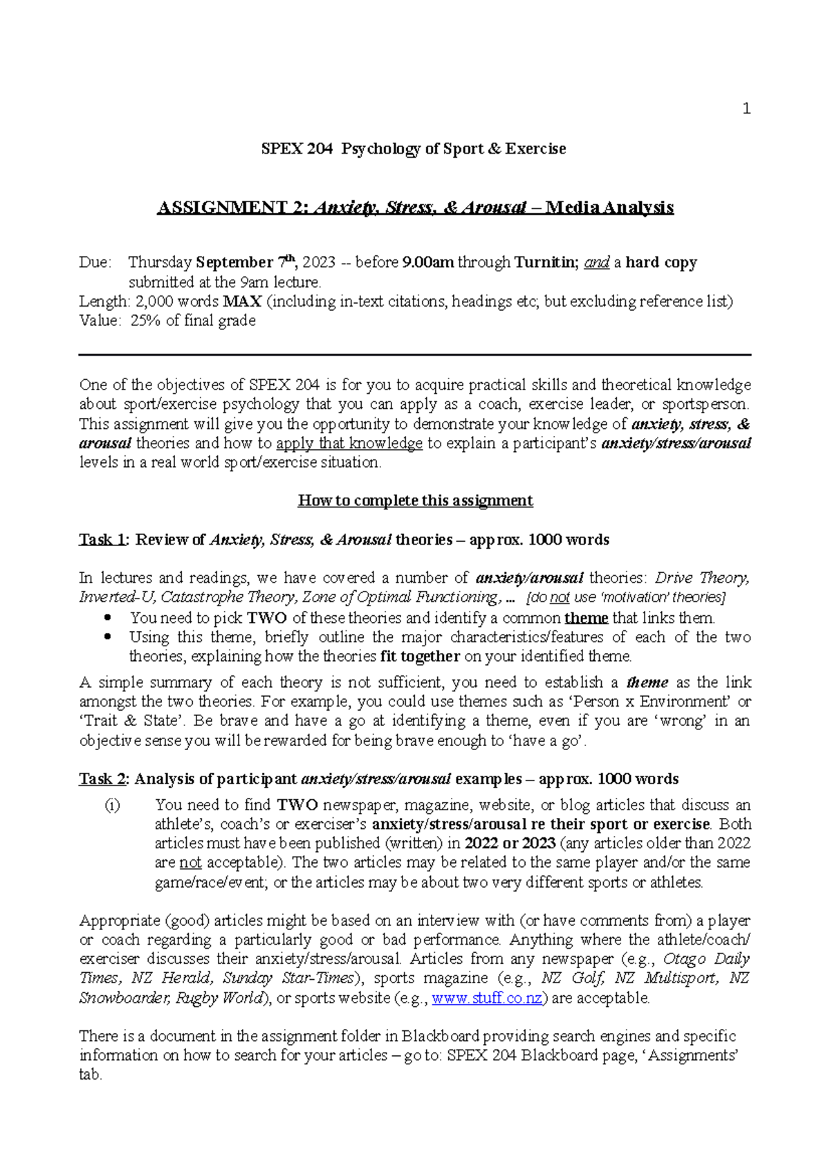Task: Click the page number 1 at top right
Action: [746, 109]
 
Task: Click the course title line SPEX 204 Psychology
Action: [414, 149]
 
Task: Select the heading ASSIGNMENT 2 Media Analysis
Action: [415, 208]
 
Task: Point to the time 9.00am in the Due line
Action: [428, 263]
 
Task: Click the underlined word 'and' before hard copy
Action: [597, 263]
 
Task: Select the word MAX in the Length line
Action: [242, 302]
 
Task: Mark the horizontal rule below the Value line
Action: [415, 355]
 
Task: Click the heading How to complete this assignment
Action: [415, 501]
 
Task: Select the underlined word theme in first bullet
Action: [586, 618]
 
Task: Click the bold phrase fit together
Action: [420, 656]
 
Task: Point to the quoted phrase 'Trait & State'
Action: [129, 721]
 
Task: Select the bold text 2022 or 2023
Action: [510, 844]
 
